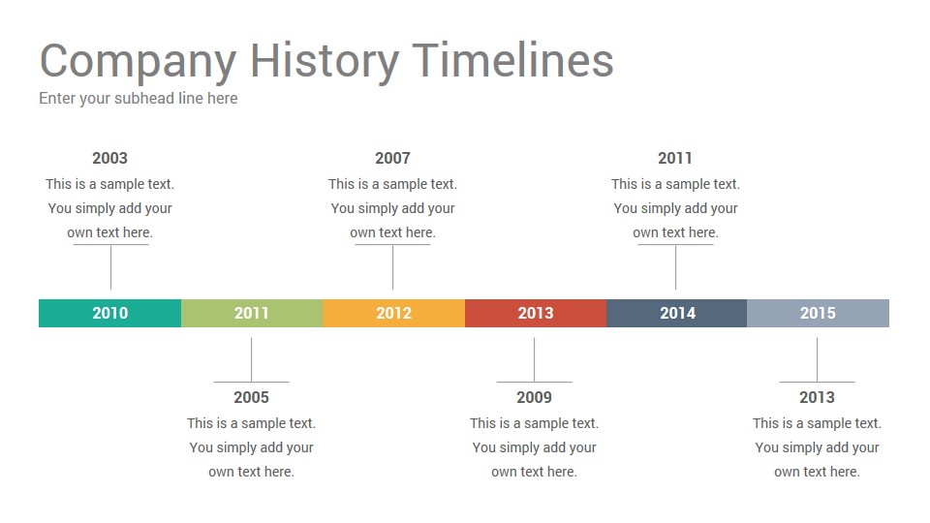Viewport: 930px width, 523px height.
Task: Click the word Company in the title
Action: pos(139,62)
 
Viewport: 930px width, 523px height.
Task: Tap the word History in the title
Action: pos(325,62)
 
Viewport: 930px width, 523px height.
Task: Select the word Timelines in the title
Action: pos(512,60)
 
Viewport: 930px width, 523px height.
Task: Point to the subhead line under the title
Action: pos(139,99)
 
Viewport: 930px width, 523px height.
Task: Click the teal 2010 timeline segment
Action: pos(109,313)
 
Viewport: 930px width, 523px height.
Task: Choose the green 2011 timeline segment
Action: pos(252,313)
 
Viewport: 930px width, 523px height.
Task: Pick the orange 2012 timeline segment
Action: pos(394,313)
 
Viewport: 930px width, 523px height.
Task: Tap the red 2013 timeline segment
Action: pos(536,313)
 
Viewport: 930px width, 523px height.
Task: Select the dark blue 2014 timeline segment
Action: pos(677,313)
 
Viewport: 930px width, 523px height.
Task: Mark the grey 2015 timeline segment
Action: pos(818,313)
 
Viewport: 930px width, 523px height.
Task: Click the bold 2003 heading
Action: pos(109,158)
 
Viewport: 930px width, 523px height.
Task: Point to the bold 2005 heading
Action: pos(252,397)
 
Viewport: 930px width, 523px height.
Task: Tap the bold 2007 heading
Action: pos(392,158)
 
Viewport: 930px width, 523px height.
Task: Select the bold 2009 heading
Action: pos(535,397)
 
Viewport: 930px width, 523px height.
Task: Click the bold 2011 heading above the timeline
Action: pos(675,158)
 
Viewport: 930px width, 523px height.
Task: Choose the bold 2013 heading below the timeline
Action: pos(818,397)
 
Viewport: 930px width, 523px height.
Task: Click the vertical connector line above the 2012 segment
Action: pos(392,267)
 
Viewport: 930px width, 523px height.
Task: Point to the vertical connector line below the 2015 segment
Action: pos(818,360)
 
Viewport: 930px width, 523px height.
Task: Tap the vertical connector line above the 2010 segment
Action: pos(110,267)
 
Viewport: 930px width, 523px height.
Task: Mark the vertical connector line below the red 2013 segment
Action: pos(535,360)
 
